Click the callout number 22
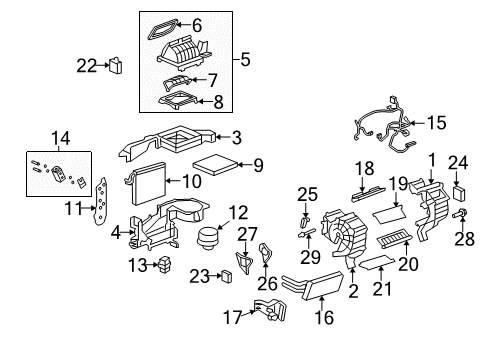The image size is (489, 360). click(x=86, y=66)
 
